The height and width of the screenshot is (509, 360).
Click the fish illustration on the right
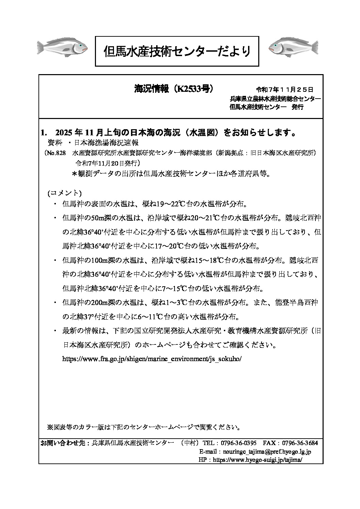point(293,46)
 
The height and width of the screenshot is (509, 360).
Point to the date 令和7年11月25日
point(284,90)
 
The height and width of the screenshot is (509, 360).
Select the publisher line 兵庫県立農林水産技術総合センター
point(275,99)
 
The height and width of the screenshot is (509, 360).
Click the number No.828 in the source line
point(56,153)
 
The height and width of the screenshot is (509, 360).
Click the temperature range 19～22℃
point(168,205)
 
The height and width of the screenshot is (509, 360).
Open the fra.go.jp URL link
point(152,359)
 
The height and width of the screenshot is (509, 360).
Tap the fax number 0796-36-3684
point(300,443)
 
